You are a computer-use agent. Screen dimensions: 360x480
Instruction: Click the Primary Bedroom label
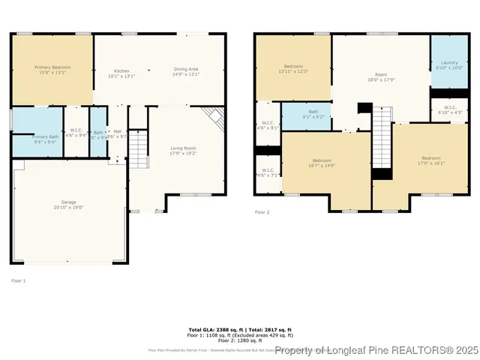(51, 70)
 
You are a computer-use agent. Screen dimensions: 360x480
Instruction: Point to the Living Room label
(183, 151)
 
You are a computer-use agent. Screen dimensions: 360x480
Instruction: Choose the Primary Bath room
(36, 139)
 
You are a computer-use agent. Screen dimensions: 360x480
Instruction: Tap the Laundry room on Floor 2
(448, 65)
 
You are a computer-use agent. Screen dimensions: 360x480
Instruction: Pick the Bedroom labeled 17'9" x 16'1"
(430, 160)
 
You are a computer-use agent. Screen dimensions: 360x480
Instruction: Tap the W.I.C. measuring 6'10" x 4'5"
(449, 109)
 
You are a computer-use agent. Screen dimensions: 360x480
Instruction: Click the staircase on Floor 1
(139, 148)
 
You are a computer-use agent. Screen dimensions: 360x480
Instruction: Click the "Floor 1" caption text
(18, 280)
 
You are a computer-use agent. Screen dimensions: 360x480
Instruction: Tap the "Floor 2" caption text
(262, 213)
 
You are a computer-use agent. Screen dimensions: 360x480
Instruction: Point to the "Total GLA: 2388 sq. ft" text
(212, 329)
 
